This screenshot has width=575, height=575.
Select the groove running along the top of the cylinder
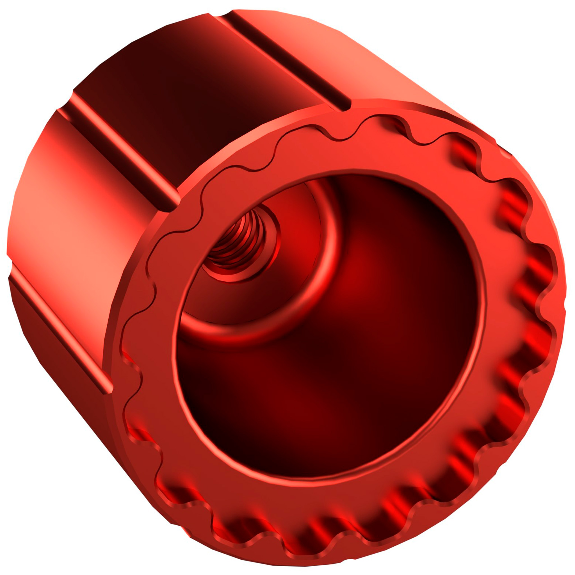coord(286,60)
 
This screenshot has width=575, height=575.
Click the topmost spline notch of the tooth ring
coord(342,137)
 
